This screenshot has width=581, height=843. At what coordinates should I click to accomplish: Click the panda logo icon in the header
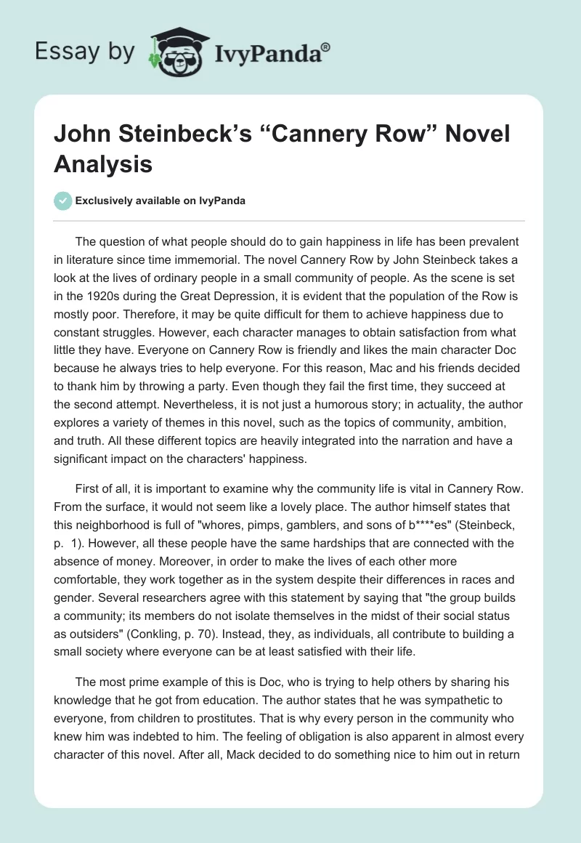tap(177, 52)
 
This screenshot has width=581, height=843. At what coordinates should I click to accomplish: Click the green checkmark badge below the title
tap(64, 201)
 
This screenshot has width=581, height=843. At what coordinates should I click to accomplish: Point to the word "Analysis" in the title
tap(103, 164)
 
